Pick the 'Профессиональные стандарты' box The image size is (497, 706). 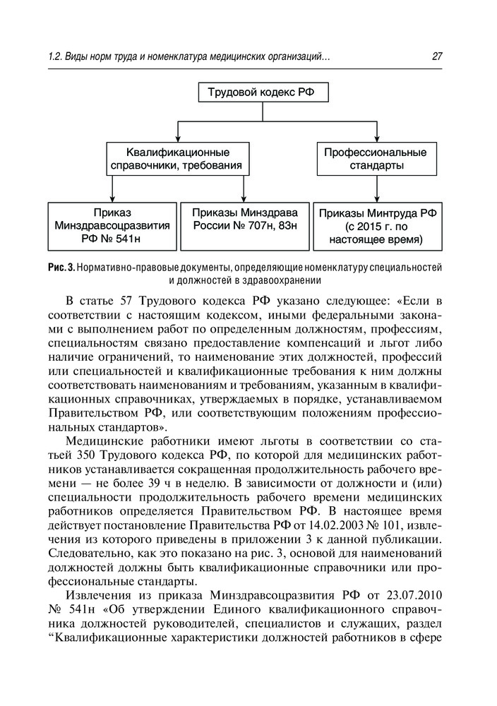point(375,159)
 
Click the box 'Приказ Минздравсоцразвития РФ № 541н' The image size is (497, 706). point(112,226)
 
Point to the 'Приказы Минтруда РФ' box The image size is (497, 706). point(378,226)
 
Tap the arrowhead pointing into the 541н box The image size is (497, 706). point(112,198)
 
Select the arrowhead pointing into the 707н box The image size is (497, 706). point(244,198)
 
